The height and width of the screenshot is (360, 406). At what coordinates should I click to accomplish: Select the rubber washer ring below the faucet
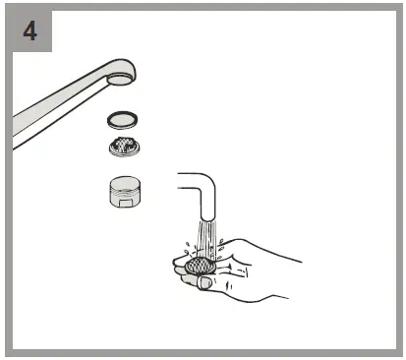(x=121, y=119)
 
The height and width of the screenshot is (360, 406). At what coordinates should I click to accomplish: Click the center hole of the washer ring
(x=121, y=119)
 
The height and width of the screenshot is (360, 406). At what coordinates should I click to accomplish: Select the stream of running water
(x=206, y=241)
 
